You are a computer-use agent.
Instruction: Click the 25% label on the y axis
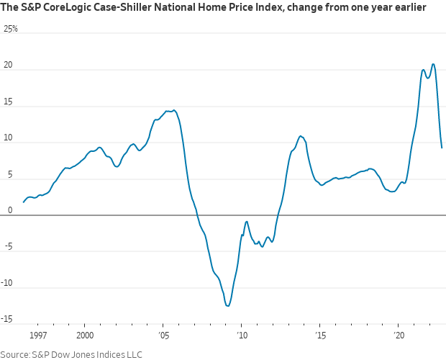(11, 29)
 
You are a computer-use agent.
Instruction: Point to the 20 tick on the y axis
(8, 65)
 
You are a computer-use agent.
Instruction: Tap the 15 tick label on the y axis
(7, 101)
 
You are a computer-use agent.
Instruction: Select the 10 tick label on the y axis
(7, 138)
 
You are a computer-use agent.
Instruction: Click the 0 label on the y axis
(9, 210)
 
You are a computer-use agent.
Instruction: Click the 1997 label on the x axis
(38, 336)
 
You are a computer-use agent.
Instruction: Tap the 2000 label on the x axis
(85, 336)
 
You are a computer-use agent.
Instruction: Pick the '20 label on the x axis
(399, 336)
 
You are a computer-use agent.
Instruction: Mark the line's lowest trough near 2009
(228, 306)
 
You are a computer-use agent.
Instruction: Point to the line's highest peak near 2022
(433, 64)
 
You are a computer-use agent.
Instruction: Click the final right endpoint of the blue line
(442, 148)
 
